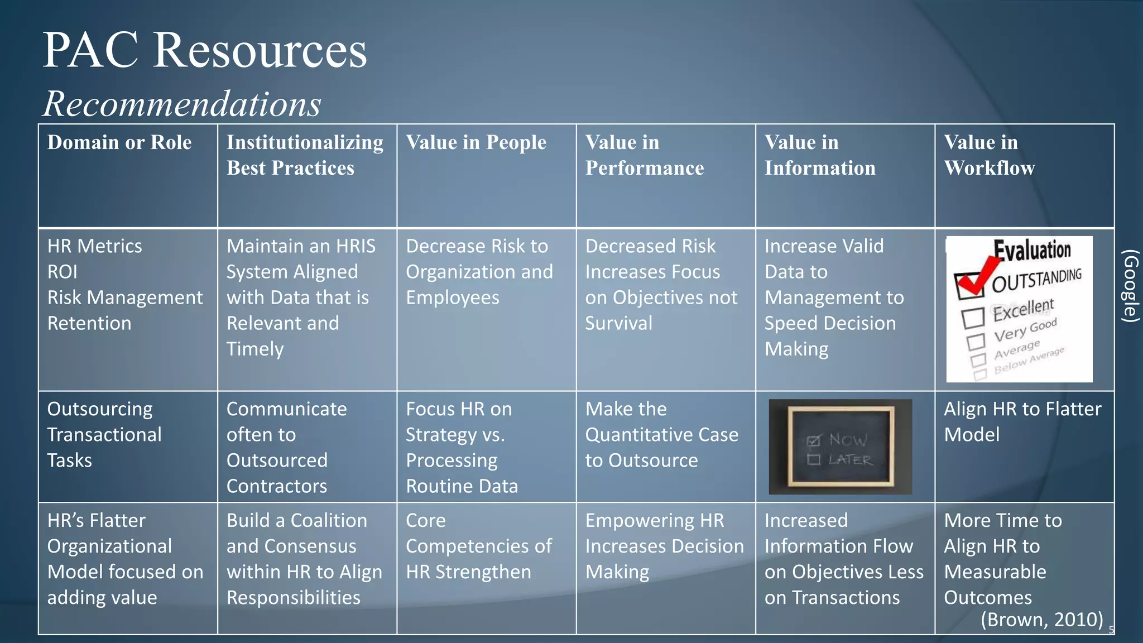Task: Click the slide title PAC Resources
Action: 204,50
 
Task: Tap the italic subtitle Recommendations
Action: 182,104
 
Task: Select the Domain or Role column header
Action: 119,143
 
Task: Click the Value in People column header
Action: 476,143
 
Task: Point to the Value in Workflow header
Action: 989,155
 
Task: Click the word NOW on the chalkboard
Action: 848,440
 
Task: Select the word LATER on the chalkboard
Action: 850,460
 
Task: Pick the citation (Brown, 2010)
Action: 1041,620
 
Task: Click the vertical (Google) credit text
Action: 1130,285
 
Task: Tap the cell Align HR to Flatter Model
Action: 1022,422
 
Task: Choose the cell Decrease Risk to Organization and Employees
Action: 479,272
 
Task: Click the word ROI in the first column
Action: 63,272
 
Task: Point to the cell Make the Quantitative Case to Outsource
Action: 661,435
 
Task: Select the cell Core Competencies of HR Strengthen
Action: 478,546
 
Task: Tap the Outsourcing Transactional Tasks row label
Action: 104,435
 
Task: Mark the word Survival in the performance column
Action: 618,323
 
